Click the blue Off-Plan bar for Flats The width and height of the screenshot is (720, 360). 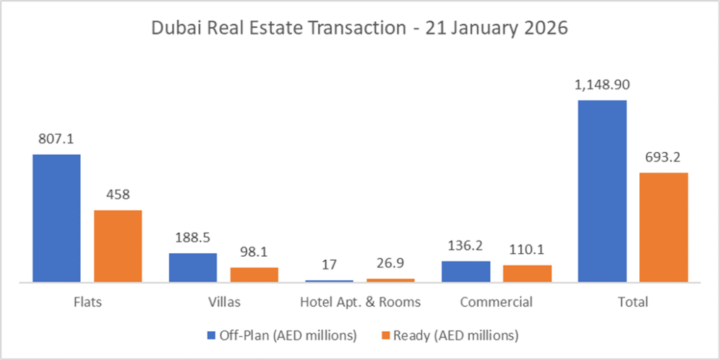pos(56,218)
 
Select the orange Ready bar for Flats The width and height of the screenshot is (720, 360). pos(118,246)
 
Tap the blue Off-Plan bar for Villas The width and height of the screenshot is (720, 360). pos(193,268)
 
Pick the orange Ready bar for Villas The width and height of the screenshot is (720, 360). pos(255,275)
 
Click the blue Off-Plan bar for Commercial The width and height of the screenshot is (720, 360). pos(465,271)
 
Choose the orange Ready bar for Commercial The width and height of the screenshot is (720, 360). pos(527,274)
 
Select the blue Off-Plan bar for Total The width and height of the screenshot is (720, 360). pos(602,191)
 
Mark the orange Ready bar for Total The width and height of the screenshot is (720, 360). pos(664,227)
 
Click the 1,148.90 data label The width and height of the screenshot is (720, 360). pos(602,85)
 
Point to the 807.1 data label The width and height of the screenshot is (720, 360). pos(56,139)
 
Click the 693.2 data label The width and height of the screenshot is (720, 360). pos(664,157)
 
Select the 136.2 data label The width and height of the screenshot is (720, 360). pos(465,246)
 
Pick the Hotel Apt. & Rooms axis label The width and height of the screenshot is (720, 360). pos(360,302)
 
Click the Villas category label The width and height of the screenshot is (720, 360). pos(224,302)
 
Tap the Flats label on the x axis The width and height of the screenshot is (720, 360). pos(87,302)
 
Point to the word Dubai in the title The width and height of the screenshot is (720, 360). pos(171,30)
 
